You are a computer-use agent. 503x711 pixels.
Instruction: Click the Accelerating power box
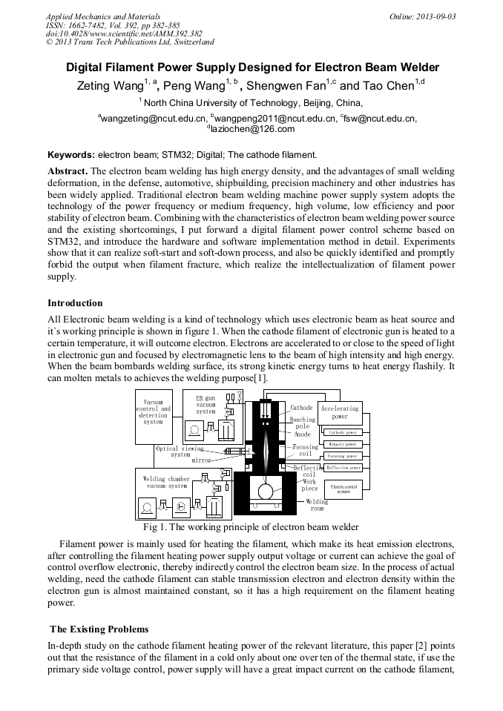pyautogui.click(x=339, y=412)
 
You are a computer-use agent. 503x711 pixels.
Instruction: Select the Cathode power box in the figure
pyautogui.click(x=342, y=431)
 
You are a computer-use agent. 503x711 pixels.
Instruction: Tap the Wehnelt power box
pyautogui.click(x=342, y=444)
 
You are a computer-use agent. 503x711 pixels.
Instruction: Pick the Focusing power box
pyautogui.click(x=342, y=456)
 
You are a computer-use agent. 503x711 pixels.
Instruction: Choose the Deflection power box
pyautogui.click(x=342, y=468)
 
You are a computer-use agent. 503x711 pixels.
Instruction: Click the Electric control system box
pyautogui.click(x=343, y=489)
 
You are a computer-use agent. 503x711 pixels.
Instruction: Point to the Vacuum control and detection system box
pyautogui.click(x=154, y=412)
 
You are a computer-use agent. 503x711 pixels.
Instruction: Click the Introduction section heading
pyautogui.click(x=75, y=303)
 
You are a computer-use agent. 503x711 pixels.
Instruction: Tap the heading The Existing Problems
pyautogui.click(x=99, y=629)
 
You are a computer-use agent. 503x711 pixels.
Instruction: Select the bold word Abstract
pyautogui.click(x=68, y=171)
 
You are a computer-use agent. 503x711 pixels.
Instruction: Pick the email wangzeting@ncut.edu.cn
pyautogui.click(x=153, y=118)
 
